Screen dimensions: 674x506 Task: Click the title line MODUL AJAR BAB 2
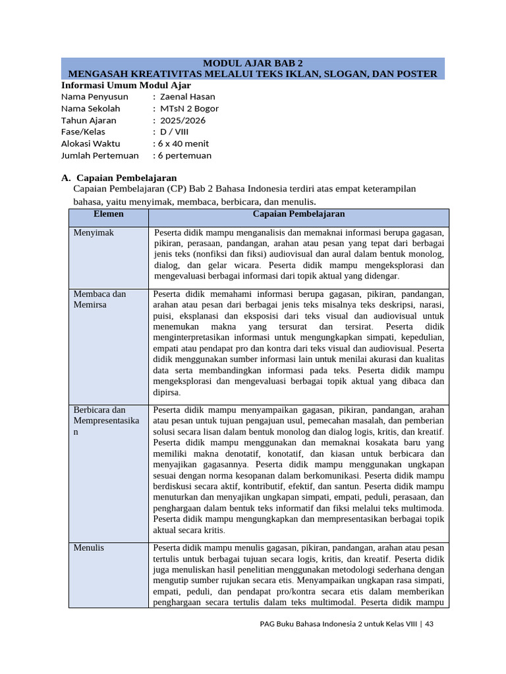(253, 63)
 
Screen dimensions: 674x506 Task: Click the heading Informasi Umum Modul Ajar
(126, 85)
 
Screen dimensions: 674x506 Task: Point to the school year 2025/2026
(183, 120)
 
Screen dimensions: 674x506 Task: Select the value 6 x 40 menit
(182, 143)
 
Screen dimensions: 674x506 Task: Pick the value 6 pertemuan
(183, 155)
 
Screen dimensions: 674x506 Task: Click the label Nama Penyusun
(94, 97)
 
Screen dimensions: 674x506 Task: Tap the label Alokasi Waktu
(91, 143)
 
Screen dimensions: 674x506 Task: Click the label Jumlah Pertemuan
(100, 155)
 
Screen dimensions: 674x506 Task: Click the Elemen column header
(109, 215)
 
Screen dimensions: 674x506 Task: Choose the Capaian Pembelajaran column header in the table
(298, 215)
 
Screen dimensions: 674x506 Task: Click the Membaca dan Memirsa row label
(99, 299)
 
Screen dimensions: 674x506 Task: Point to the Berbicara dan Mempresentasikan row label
(105, 420)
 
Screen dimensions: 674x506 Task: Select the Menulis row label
(89, 548)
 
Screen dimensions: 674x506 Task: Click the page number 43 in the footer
(430, 624)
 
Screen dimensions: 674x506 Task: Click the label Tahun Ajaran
(88, 120)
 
